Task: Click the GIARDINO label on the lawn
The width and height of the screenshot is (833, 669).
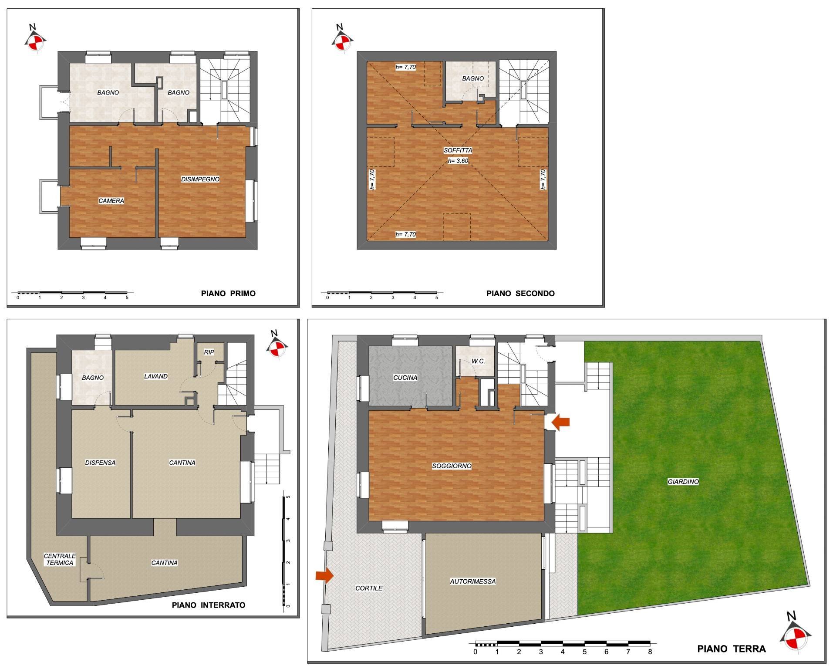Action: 683,482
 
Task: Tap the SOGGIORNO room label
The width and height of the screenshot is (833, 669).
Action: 452,466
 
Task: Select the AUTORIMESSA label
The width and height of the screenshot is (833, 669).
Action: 472,581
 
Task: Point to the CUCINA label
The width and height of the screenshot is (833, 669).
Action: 405,378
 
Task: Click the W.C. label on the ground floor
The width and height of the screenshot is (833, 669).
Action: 478,361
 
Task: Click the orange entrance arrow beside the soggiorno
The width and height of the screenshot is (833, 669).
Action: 560,421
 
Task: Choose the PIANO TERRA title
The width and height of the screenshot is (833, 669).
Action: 731,649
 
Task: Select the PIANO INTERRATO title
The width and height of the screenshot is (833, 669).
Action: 208,605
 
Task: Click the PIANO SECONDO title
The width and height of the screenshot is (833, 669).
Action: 520,293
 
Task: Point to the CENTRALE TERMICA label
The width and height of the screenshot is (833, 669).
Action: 60,559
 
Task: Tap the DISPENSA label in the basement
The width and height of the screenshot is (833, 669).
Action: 100,463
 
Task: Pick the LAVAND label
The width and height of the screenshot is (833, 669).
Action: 155,376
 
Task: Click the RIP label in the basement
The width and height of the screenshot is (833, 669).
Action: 209,352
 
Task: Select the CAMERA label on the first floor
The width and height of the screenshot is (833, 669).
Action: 111,201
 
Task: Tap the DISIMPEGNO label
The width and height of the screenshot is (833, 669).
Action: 200,179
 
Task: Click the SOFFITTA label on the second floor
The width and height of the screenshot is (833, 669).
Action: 458,150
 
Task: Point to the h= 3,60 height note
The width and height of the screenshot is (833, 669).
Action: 458,161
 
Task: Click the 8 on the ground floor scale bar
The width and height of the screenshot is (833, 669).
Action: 650,652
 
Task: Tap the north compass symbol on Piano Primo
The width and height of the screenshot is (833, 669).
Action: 34,40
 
